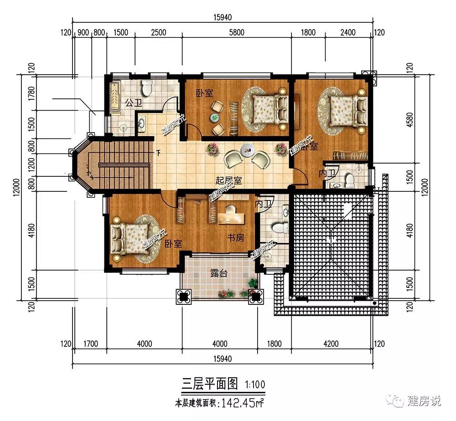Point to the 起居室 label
pyautogui.click(x=228, y=180)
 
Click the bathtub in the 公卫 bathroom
pyautogui.click(x=114, y=95)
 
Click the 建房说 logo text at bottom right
pyautogui.click(x=424, y=401)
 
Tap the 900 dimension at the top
pyautogui.click(x=83, y=32)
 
